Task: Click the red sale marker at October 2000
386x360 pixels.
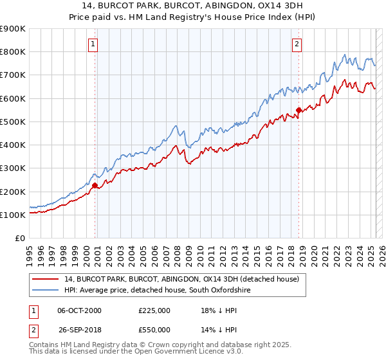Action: coord(95,186)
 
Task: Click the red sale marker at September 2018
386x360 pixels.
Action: coord(299,110)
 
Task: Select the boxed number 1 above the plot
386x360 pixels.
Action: coord(94,44)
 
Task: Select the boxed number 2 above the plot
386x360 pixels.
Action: coord(297,44)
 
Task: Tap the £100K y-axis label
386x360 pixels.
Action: coord(13,215)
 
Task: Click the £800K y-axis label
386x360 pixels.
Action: coord(13,51)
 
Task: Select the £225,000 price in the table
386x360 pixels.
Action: coord(154,310)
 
